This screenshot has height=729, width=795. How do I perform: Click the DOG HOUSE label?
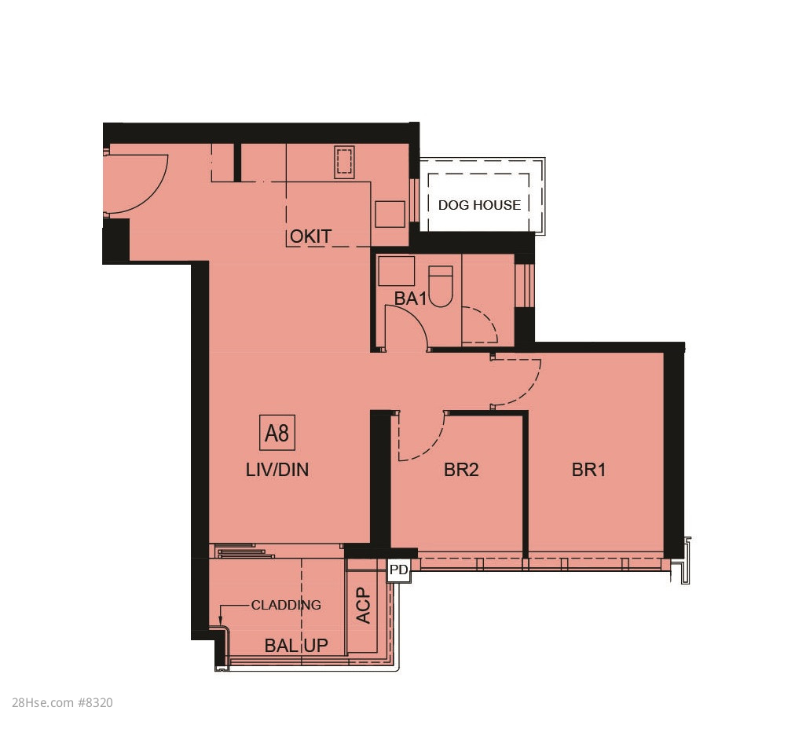(x=479, y=205)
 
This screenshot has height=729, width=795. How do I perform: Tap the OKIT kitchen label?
(x=310, y=236)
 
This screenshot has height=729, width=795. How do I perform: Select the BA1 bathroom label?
(x=411, y=299)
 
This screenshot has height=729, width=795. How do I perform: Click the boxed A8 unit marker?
(x=277, y=433)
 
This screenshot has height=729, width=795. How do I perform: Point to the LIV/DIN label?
(x=277, y=470)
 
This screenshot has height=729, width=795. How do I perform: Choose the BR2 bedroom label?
(x=461, y=470)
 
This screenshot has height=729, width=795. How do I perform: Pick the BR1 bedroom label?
(x=588, y=470)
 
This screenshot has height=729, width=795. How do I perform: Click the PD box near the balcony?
(x=398, y=570)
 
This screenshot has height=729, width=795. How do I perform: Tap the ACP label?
(x=364, y=606)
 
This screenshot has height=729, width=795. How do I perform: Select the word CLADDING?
(x=286, y=605)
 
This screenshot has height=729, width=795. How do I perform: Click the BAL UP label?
(x=296, y=646)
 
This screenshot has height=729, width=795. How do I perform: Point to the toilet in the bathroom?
(x=441, y=287)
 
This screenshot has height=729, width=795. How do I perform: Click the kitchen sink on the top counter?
(x=344, y=162)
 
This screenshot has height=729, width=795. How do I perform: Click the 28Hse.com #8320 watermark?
(x=62, y=702)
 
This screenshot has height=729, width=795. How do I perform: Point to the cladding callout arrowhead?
(x=221, y=621)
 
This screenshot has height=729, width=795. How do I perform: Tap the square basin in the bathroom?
(x=396, y=271)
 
